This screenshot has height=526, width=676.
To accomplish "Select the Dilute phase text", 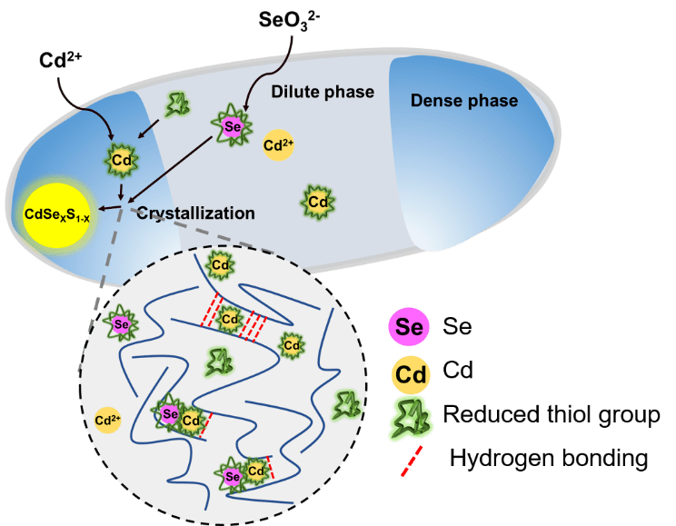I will (310, 92).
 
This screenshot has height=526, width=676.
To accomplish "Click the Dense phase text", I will (464, 100).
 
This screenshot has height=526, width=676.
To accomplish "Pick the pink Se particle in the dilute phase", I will (232, 128).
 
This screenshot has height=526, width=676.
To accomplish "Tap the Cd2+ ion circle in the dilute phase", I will (278, 144).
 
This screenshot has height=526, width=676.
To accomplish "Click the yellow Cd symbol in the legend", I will (410, 371).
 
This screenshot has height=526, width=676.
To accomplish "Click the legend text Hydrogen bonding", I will (548, 458).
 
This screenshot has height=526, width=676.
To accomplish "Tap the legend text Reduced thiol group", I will (552, 415).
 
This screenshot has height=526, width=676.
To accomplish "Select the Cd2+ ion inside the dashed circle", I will (109, 420).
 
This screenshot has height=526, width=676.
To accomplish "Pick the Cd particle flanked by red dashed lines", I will (230, 320).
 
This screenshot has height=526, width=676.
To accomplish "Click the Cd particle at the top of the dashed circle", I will (221, 265).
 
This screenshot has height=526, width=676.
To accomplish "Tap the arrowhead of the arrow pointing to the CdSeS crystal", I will (101, 212).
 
